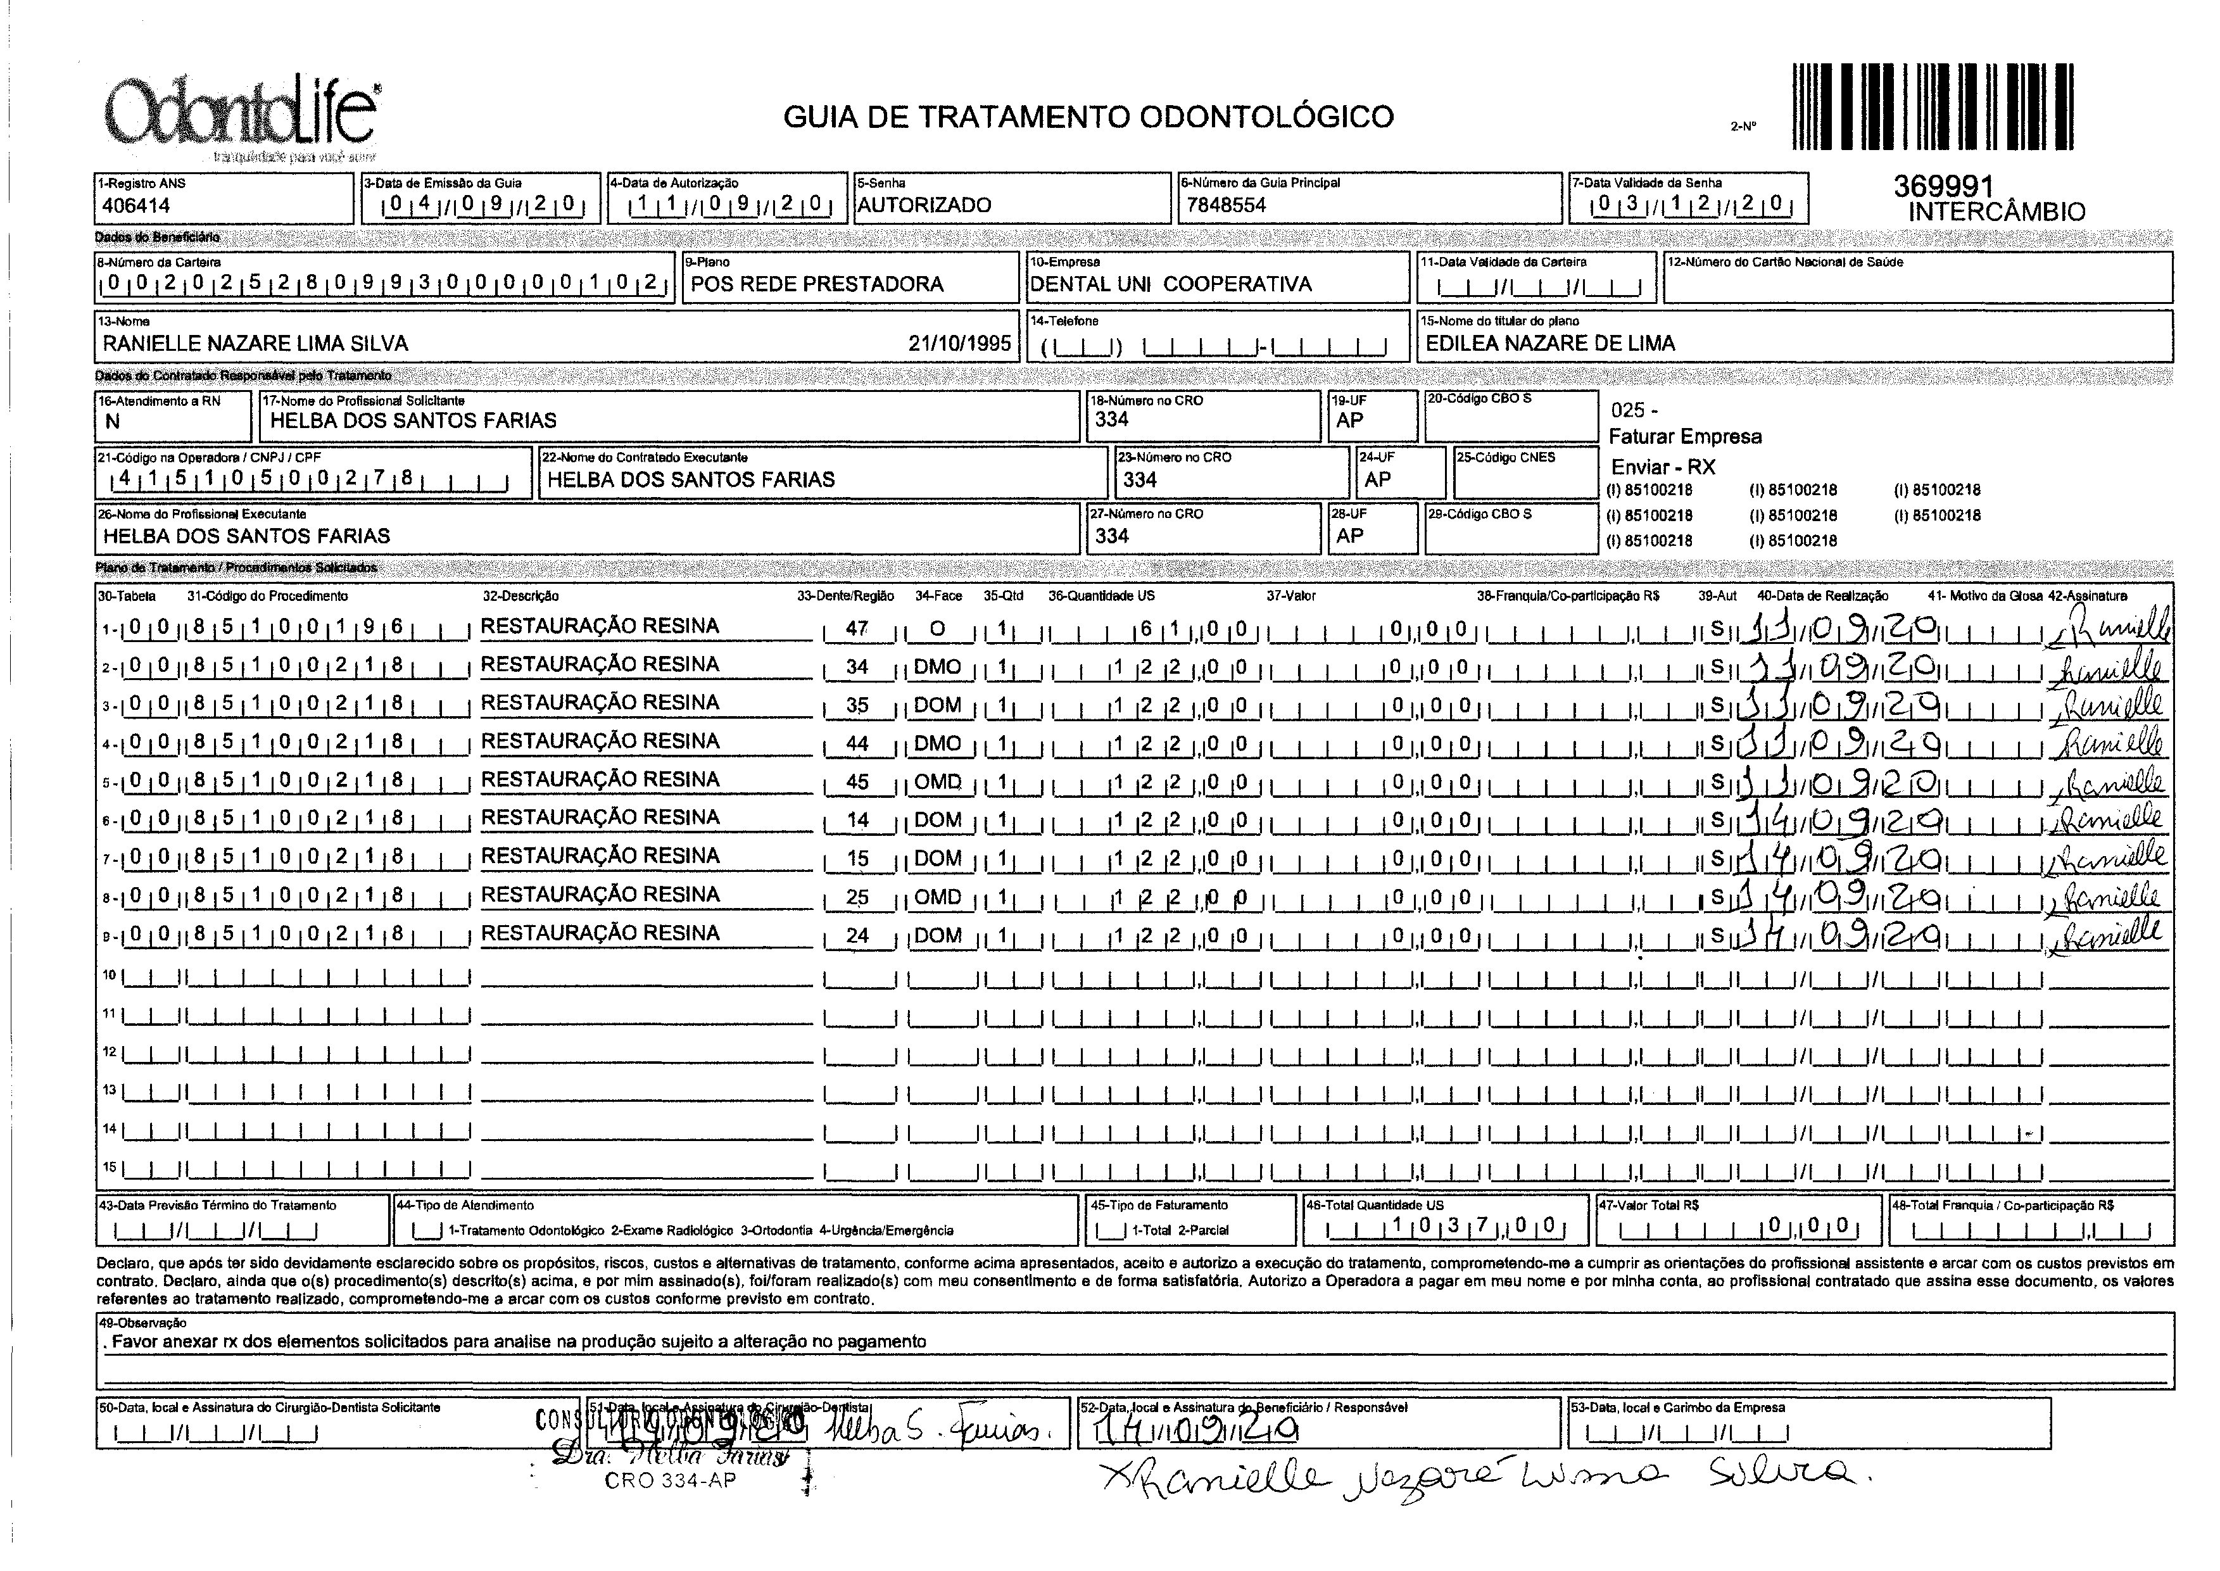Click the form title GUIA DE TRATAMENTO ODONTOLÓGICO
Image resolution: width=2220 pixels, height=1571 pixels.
coord(1088,117)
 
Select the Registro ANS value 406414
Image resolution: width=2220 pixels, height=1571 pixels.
coord(136,205)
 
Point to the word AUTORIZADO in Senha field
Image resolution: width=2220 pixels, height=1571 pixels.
coord(924,205)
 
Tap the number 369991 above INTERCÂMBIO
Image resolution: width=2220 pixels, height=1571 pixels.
coord(1945,187)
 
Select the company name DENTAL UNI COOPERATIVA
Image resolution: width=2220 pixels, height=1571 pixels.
coord(1170,284)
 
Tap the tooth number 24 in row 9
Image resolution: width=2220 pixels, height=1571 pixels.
coord(857,935)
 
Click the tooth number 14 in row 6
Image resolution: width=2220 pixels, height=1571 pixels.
coord(857,820)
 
